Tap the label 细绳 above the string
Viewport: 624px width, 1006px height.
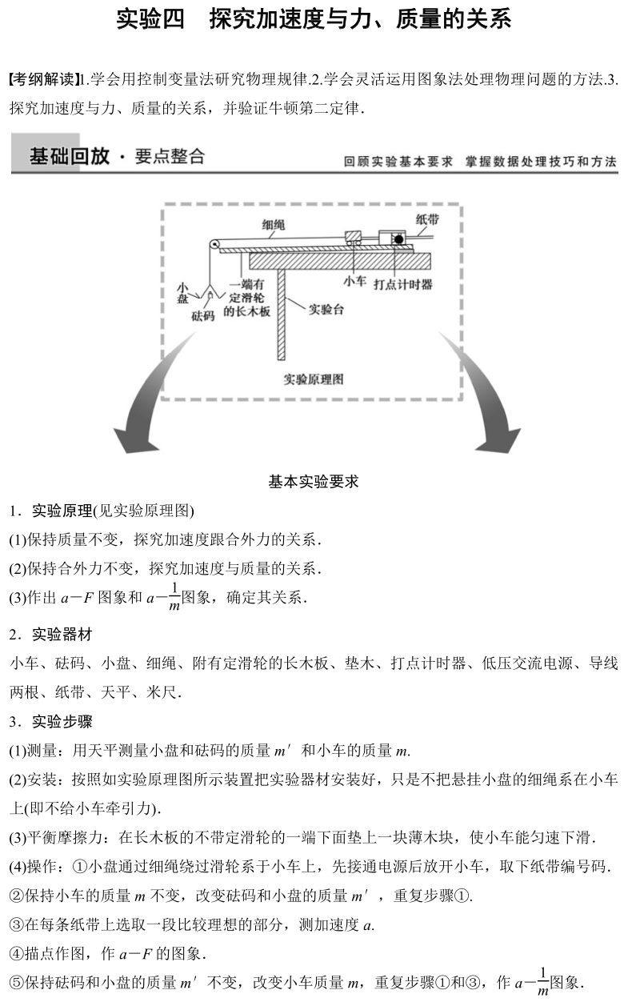point(274,226)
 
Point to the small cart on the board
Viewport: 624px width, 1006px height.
point(353,240)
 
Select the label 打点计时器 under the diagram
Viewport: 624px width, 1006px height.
point(402,283)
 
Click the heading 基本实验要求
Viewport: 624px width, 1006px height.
point(314,482)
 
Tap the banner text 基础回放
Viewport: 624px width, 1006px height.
point(69,156)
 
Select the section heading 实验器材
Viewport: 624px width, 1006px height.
point(62,635)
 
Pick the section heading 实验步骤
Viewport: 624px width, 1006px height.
point(62,721)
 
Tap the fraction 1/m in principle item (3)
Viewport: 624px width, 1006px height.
point(174,598)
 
